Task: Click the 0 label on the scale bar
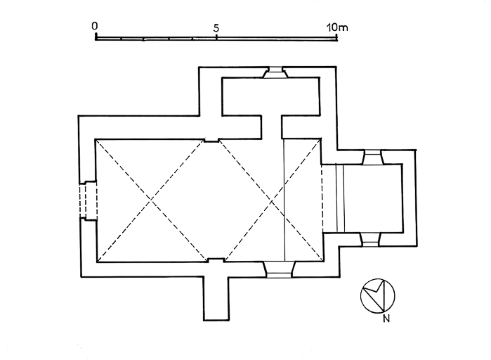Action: click(95, 26)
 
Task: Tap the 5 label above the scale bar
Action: click(216, 27)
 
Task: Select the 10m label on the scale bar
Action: click(338, 27)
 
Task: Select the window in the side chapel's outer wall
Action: click(273, 72)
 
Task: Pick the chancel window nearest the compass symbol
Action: click(369, 238)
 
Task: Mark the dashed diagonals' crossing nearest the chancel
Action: click(271, 200)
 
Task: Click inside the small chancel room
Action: click(372, 198)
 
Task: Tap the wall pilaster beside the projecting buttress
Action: click(216, 261)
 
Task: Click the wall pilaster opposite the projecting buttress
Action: click(211, 140)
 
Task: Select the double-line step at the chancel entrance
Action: click(341, 198)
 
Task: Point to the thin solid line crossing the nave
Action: click(284, 211)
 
